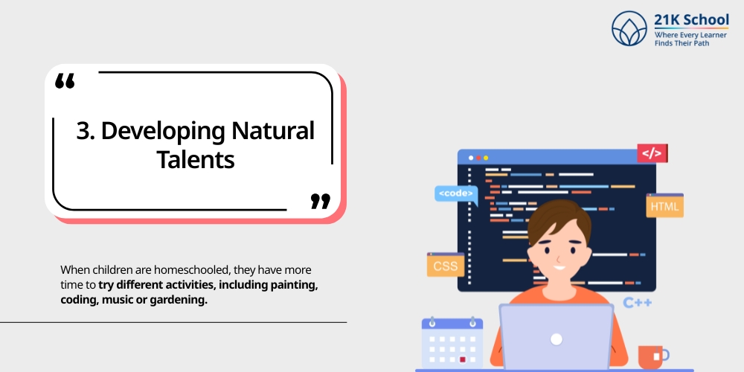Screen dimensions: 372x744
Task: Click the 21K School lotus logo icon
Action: [629, 28]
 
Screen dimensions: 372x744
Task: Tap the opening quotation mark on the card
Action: [65, 81]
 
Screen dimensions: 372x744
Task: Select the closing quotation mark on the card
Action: [320, 200]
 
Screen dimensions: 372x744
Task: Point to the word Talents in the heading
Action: [196, 159]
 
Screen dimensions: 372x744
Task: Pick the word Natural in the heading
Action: [272, 131]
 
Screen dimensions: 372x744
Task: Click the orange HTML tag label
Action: [664, 205]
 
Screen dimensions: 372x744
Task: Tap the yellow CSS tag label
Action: [446, 265]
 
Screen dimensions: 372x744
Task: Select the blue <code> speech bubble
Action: [455, 193]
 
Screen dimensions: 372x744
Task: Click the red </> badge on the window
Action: [652, 153]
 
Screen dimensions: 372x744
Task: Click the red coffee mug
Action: [652, 356]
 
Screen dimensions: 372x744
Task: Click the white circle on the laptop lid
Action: [556, 339]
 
